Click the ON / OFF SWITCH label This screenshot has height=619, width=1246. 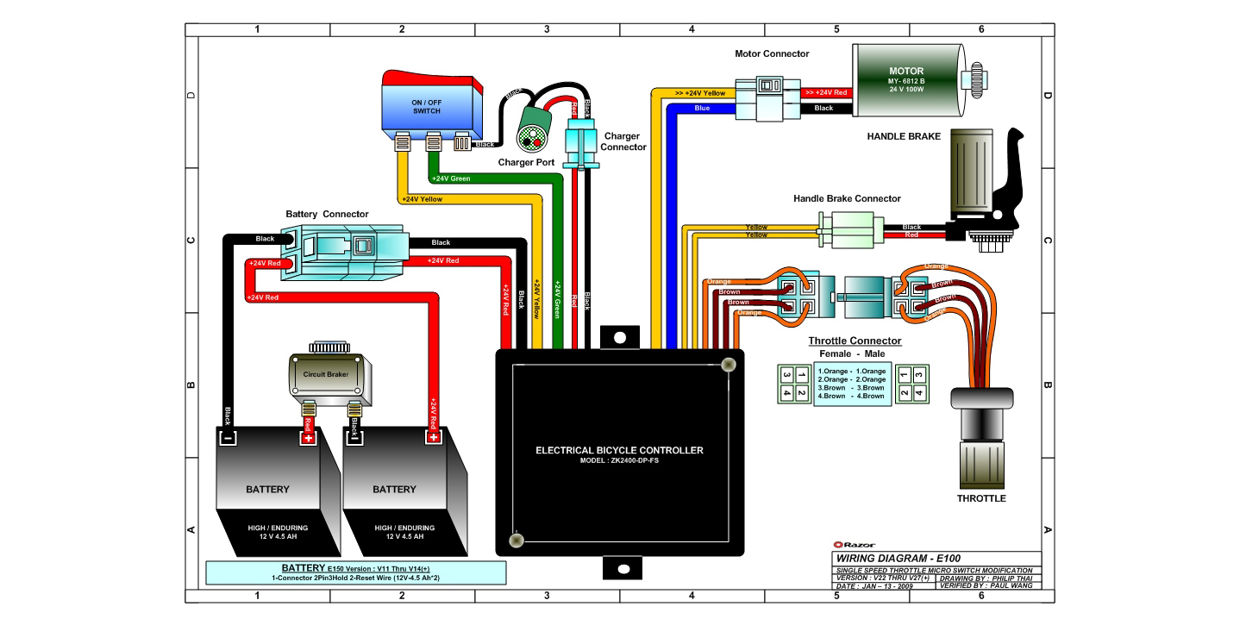[x=427, y=107]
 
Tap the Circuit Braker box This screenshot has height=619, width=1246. [x=329, y=375]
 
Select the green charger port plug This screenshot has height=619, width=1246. [x=533, y=129]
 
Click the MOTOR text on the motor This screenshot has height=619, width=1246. [x=906, y=72]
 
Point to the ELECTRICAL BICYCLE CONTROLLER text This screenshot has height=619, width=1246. [x=619, y=450]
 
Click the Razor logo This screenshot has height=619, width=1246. [x=854, y=545]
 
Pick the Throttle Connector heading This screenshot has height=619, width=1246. [x=855, y=341]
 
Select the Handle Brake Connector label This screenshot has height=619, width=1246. [x=847, y=198]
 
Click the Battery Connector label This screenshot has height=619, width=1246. [x=327, y=214]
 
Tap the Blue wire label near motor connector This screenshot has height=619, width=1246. [x=702, y=108]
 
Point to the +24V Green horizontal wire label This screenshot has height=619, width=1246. [x=451, y=178]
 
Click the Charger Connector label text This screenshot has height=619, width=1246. [x=623, y=141]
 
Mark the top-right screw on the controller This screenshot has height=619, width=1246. [x=728, y=365]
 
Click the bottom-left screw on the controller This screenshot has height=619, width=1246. [x=517, y=540]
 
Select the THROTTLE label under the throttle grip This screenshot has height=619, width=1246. [x=981, y=498]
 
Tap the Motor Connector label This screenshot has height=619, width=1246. [x=772, y=54]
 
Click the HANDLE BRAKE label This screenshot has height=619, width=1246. [x=904, y=136]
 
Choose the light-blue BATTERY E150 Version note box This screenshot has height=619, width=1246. [x=356, y=572]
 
